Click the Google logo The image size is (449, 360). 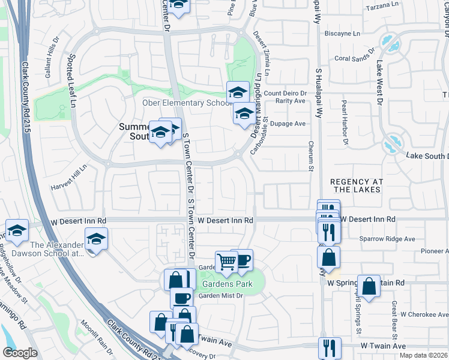click(x=20, y=353)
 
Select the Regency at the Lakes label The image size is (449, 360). click(x=356, y=185)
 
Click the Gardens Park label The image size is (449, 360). click(x=227, y=284)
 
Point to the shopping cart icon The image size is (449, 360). click(x=226, y=262)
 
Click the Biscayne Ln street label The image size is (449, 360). click(x=343, y=34)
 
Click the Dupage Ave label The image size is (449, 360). click(x=288, y=124)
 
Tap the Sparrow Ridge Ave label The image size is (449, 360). click(x=387, y=239)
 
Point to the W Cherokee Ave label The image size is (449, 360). click(x=423, y=314)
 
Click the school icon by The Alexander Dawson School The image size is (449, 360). click(x=96, y=239)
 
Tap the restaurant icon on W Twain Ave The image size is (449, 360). click(x=330, y=347)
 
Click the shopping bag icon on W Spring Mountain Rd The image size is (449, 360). click(x=369, y=286)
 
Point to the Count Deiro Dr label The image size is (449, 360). click(x=286, y=93)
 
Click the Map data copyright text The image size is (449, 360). click(x=424, y=355)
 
